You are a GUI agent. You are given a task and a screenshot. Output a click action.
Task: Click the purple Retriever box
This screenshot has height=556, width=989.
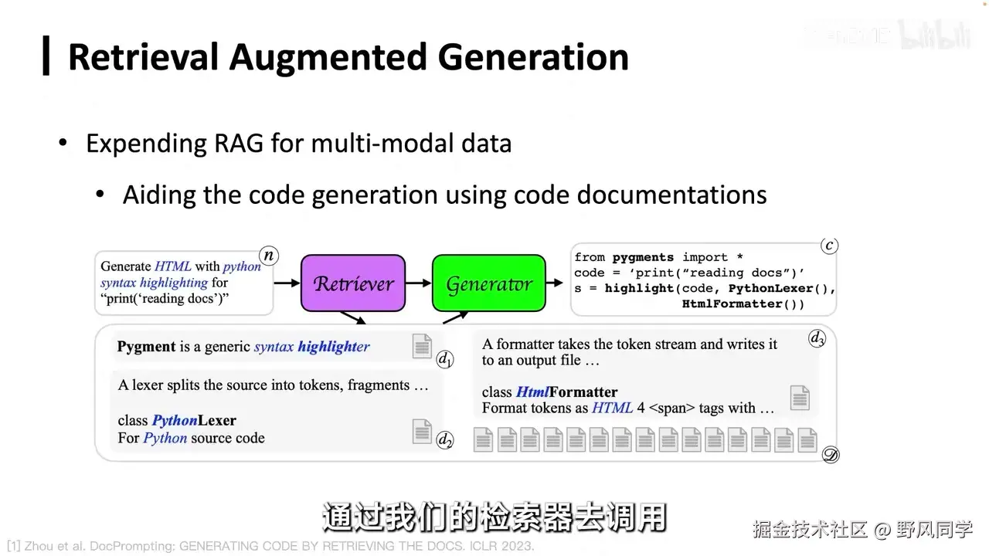(353, 283)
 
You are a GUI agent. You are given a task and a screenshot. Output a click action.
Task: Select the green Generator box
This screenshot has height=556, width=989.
(488, 283)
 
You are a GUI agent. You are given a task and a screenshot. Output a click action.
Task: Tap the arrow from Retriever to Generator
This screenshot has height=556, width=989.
(418, 283)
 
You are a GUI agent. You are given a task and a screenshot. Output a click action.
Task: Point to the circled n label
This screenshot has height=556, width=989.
(268, 256)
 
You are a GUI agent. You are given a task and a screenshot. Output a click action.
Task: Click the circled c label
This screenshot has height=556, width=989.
(829, 246)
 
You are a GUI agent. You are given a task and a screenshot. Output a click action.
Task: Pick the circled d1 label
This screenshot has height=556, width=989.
(445, 359)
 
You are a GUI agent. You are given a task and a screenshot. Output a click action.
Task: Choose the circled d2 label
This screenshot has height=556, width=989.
(445, 440)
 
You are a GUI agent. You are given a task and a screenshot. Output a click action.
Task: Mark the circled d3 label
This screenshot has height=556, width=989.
(817, 338)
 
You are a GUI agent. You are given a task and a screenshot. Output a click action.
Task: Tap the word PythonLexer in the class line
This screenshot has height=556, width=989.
(194, 421)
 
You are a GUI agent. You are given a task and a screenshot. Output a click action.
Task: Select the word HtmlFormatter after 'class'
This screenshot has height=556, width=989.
(566, 392)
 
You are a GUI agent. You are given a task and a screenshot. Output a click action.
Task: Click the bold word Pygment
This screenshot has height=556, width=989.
(146, 347)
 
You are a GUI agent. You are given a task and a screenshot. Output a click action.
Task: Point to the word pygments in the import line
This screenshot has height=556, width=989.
(643, 257)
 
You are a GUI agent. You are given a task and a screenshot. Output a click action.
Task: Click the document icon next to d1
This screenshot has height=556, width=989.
(422, 347)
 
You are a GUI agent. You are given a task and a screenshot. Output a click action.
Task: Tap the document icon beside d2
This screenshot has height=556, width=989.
(422, 431)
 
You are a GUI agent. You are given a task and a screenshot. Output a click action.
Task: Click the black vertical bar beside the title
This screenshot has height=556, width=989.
(46, 56)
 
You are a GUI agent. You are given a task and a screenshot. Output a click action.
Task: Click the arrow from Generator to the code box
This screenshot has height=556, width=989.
(555, 283)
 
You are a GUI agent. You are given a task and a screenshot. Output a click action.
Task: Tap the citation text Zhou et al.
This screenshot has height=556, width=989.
(55, 547)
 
